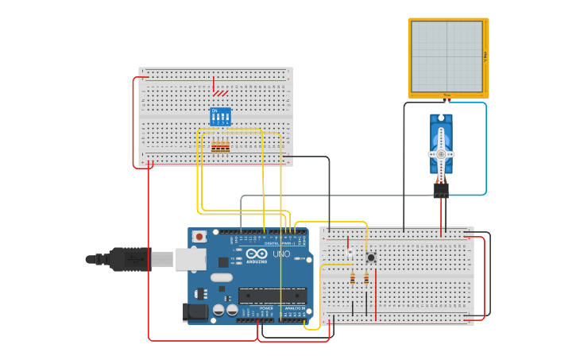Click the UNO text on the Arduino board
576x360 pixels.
281,254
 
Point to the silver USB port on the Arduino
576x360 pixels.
190,258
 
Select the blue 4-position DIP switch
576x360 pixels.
220,116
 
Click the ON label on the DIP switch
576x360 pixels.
214,110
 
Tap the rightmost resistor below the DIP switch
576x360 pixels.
227,146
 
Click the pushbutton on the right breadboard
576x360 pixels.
370,257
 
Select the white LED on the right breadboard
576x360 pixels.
349,253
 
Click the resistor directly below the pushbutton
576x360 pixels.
366,279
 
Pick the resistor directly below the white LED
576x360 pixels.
353,278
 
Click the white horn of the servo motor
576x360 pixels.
441,154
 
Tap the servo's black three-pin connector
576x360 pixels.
440,189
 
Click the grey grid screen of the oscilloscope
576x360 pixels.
446,56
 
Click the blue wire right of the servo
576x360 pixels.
485,151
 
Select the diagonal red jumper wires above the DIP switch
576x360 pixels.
221,93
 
